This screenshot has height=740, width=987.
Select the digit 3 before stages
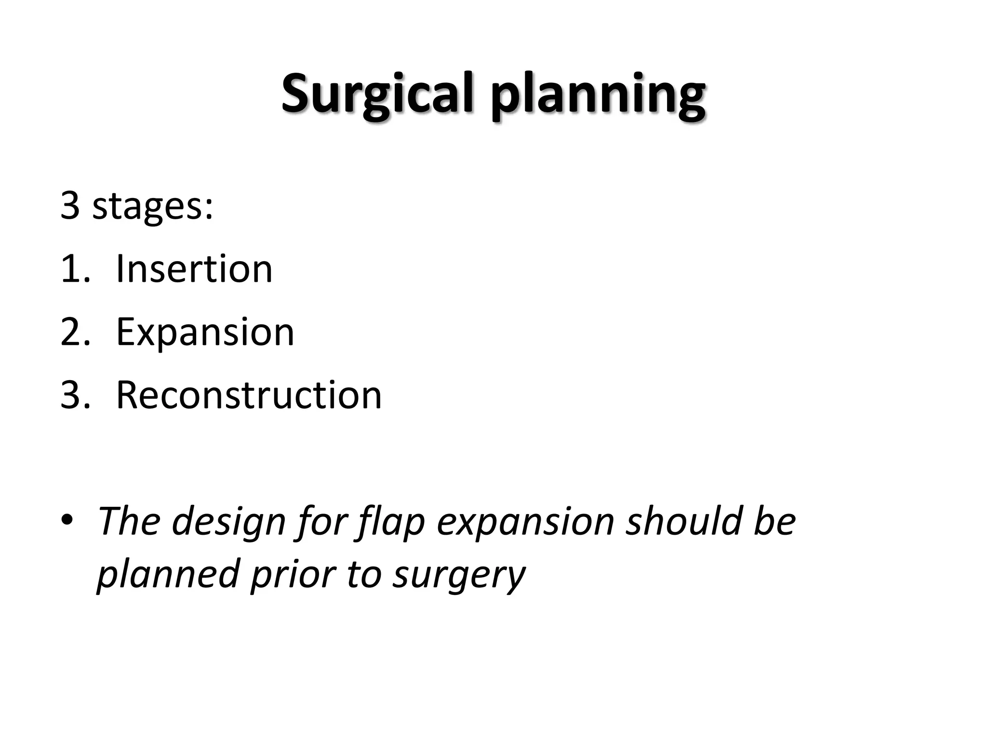[x=70, y=205]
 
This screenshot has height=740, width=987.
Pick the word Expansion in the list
[x=205, y=332]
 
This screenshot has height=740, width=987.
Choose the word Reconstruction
[x=249, y=395]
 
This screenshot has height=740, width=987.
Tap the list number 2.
[x=75, y=332]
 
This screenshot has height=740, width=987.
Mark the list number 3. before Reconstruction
[x=75, y=395]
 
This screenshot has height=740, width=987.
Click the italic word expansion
[x=525, y=522]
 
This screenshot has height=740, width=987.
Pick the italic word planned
[x=168, y=575]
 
